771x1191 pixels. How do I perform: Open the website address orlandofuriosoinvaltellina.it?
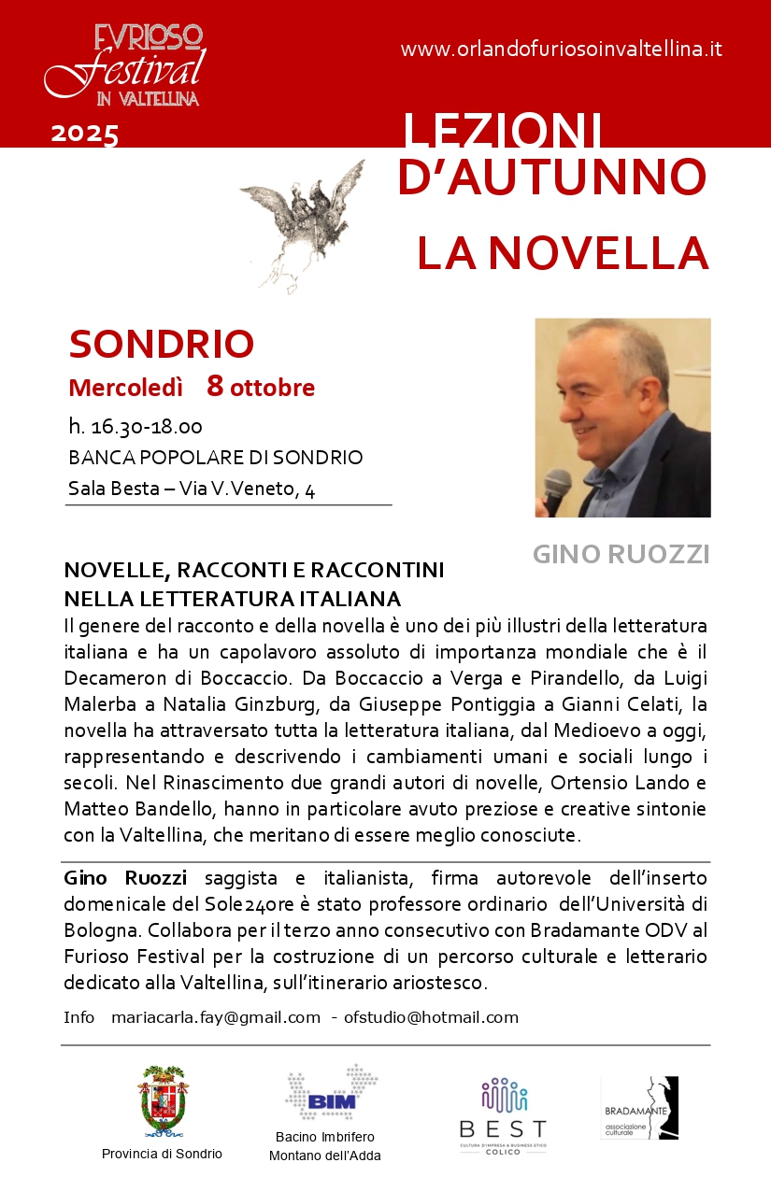click(x=561, y=50)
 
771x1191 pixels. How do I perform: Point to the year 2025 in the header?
click(x=84, y=134)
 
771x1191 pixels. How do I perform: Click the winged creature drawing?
click(x=301, y=222)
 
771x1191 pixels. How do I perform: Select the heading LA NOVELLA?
click(x=562, y=253)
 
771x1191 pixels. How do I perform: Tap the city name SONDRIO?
click(x=162, y=344)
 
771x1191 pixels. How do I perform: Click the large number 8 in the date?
click(x=215, y=385)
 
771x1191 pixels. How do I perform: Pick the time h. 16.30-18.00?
click(x=136, y=427)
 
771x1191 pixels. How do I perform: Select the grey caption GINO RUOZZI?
click(x=621, y=554)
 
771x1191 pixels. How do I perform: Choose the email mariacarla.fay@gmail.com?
click(x=215, y=1017)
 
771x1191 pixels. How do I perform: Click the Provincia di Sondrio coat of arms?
click(x=162, y=1101)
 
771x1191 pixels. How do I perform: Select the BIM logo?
click(x=331, y=1093)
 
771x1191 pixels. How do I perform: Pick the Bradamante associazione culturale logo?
click(x=640, y=1109)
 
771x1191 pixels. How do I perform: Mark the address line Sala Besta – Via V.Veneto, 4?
click(x=192, y=489)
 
